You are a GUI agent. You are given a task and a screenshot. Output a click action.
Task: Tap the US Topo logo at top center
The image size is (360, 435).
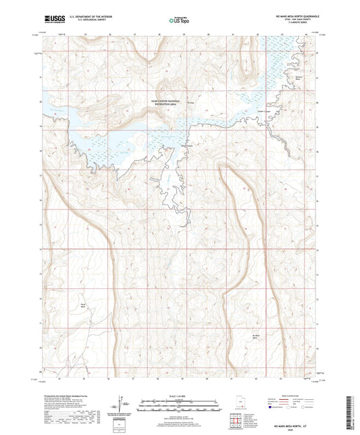180,21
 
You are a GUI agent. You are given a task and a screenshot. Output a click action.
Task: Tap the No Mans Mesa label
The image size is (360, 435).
256,337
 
